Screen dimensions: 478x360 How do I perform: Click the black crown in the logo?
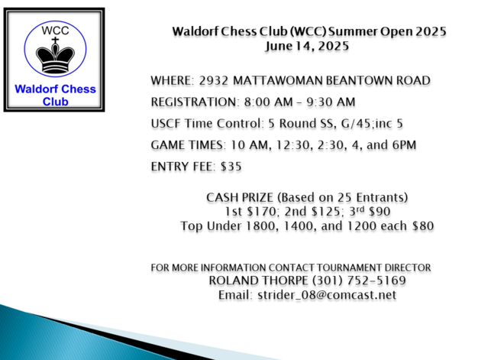(x=55, y=59)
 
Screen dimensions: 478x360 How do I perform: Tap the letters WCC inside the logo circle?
(x=55, y=31)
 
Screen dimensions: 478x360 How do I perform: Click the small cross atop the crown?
(x=55, y=40)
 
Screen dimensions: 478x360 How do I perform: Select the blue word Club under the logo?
(x=55, y=102)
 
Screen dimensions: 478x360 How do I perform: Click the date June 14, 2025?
(x=307, y=47)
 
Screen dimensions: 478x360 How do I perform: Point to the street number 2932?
(x=214, y=80)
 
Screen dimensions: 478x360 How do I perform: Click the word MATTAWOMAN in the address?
(x=278, y=80)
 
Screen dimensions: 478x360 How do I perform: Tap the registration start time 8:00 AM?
(x=268, y=102)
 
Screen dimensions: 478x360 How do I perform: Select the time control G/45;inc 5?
(x=372, y=124)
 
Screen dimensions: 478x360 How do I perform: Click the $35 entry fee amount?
(x=231, y=167)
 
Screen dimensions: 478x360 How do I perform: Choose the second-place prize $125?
(x=327, y=212)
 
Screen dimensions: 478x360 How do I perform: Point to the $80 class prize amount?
(x=423, y=226)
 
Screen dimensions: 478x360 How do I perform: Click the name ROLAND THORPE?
(x=259, y=281)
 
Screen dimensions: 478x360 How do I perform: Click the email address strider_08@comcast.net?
(x=327, y=295)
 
